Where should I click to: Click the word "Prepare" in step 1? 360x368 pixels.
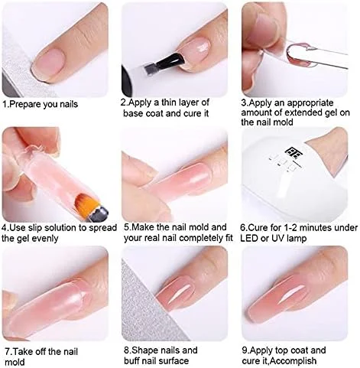(x=25, y=105)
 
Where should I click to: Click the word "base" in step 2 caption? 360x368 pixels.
(x=134, y=113)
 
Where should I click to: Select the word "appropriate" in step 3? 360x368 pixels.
(x=310, y=103)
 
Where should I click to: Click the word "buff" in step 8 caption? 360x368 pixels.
(x=133, y=361)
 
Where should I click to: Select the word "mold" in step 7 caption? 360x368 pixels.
(x=15, y=363)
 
